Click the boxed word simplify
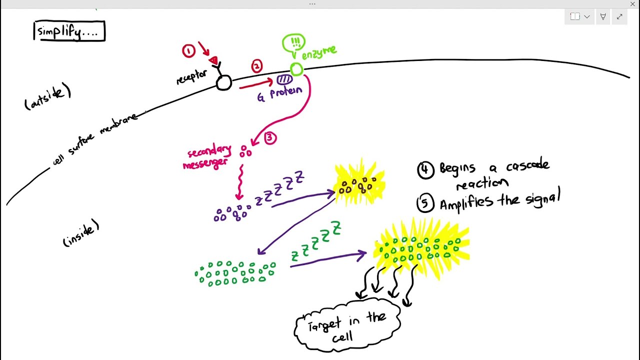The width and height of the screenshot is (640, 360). coord(69,31)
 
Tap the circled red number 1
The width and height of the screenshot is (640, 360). coord(188,51)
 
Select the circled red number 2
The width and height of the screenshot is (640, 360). coord(257,66)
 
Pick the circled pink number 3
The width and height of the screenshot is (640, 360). coord(270,138)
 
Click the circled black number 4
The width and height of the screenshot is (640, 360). coord(425,170)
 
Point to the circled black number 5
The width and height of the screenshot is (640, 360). coord(425,203)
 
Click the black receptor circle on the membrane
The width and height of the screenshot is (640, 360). coord(223,83)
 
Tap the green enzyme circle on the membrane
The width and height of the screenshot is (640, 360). coord(296,69)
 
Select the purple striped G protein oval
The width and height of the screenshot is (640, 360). coord(284,79)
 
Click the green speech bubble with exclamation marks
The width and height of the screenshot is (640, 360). coord(293,44)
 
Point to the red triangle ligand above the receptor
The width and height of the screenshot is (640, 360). coord(213,60)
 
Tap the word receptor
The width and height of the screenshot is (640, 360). coord(191,77)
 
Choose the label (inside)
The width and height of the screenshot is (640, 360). coord(81,233)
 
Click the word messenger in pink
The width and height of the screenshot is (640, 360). coord(205,164)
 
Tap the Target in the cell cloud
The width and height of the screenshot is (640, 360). coord(347,325)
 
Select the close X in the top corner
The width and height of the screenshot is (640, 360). coord(632,4)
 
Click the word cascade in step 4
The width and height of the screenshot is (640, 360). coord(528,165)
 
